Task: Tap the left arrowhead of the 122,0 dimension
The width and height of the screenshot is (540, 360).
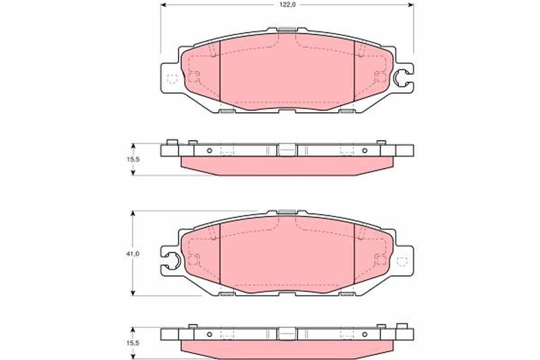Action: click(x=163, y=4)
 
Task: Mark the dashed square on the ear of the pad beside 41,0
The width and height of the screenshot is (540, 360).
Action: click(x=402, y=261)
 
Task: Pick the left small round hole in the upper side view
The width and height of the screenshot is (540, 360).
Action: click(x=209, y=150)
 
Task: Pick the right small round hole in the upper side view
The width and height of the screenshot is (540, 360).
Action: click(x=364, y=150)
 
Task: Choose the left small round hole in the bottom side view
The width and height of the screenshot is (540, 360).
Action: click(x=209, y=334)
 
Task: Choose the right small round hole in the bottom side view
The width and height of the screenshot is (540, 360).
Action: click(x=364, y=334)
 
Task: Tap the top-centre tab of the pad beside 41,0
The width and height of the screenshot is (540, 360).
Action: click(x=287, y=211)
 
